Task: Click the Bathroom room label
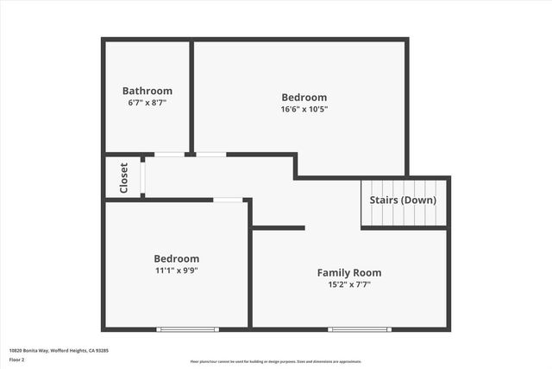pyautogui.click(x=147, y=91)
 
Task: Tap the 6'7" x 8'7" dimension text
pyautogui.click(x=147, y=102)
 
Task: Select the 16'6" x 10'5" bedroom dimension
pyautogui.click(x=304, y=109)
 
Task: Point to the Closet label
pyautogui.click(x=123, y=177)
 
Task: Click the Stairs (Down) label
pyautogui.click(x=403, y=200)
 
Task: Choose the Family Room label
pyautogui.click(x=349, y=272)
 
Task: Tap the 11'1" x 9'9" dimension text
pyautogui.click(x=176, y=270)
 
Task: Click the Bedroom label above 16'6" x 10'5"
pyautogui.click(x=304, y=98)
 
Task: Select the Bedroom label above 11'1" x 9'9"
pyautogui.click(x=176, y=258)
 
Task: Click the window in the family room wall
pyautogui.click(x=359, y=328)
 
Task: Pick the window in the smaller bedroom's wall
pyautogui.click(x=187, y=328)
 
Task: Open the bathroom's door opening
pyautogui.click(x=169, y=155)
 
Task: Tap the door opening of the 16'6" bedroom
pyautogui.click(x=210, y=155)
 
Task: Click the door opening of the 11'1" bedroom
pyautogui.click(x=228, y=200)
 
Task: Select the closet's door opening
pyautogui.click(x=143, y=177)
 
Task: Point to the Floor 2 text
pyautogui.click(x=17, y=359)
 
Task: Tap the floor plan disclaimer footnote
pyautogui.click(x=276, y=362)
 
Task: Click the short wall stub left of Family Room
pyautogui.click(x=279, y=228)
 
